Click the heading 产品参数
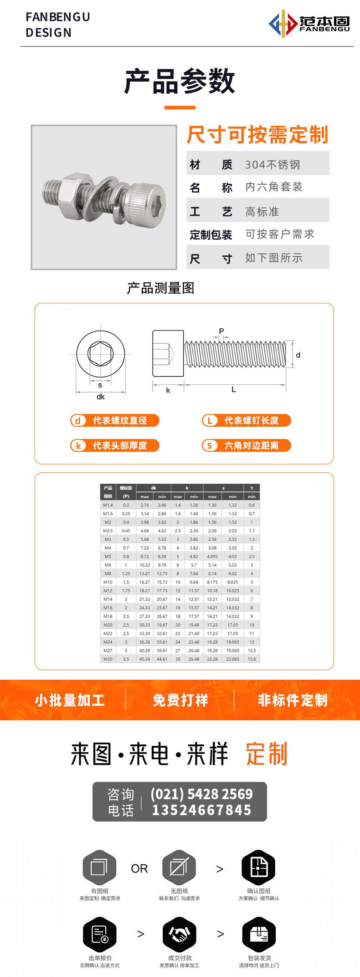tap(180, 82)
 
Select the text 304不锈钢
tap(273, 165)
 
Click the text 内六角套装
tap(274, 187)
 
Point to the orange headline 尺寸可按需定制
tap(257, 135)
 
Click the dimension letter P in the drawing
tap(221, 331)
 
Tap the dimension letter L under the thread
tap(234, 389)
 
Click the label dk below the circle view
tap(101, 397)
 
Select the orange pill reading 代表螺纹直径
tap(115, 420)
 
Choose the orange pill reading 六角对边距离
tap(246, 445)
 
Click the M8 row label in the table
tap(108, 574)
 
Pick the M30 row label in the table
tap(108, 659)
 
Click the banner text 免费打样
tap(180, 700)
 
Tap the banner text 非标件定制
tap(293, 700)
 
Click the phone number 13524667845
tap(201, 810)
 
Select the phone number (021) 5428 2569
tap(201, 794)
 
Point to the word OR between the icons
tap(139, 869)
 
